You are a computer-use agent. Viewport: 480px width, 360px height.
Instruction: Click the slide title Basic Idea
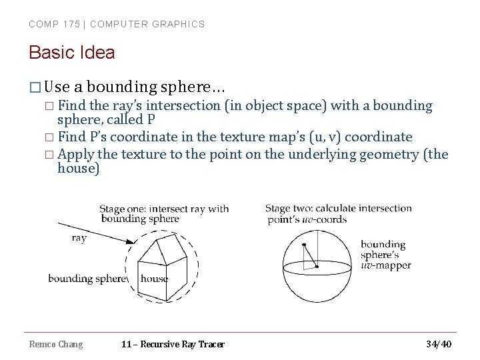pos(72,53)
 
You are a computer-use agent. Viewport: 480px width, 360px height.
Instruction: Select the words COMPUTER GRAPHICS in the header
pos(147,24)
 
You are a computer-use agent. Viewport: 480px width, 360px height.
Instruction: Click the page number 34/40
pos(438,344)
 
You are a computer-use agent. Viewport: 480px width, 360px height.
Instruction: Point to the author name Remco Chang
pos(56,344)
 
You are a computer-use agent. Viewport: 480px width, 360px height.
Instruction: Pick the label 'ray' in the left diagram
pos(79,238)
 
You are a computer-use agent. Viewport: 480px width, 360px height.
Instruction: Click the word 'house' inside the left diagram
pos(155,279)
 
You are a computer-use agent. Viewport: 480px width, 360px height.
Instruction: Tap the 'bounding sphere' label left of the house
pos(87,279)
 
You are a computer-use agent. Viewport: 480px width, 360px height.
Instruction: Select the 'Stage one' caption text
pos(164,213)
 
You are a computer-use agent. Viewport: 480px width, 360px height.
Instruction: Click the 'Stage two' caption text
pos(338,213)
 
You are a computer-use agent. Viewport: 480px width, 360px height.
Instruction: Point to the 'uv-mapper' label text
pos(385,265)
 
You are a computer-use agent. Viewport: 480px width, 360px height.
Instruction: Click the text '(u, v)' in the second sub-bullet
pos(326,137)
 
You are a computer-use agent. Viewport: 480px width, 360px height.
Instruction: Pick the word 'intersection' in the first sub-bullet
pos(182,105)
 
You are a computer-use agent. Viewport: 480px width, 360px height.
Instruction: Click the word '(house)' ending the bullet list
pos(79,169)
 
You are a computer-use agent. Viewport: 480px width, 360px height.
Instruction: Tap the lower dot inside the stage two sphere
pos(317,267)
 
